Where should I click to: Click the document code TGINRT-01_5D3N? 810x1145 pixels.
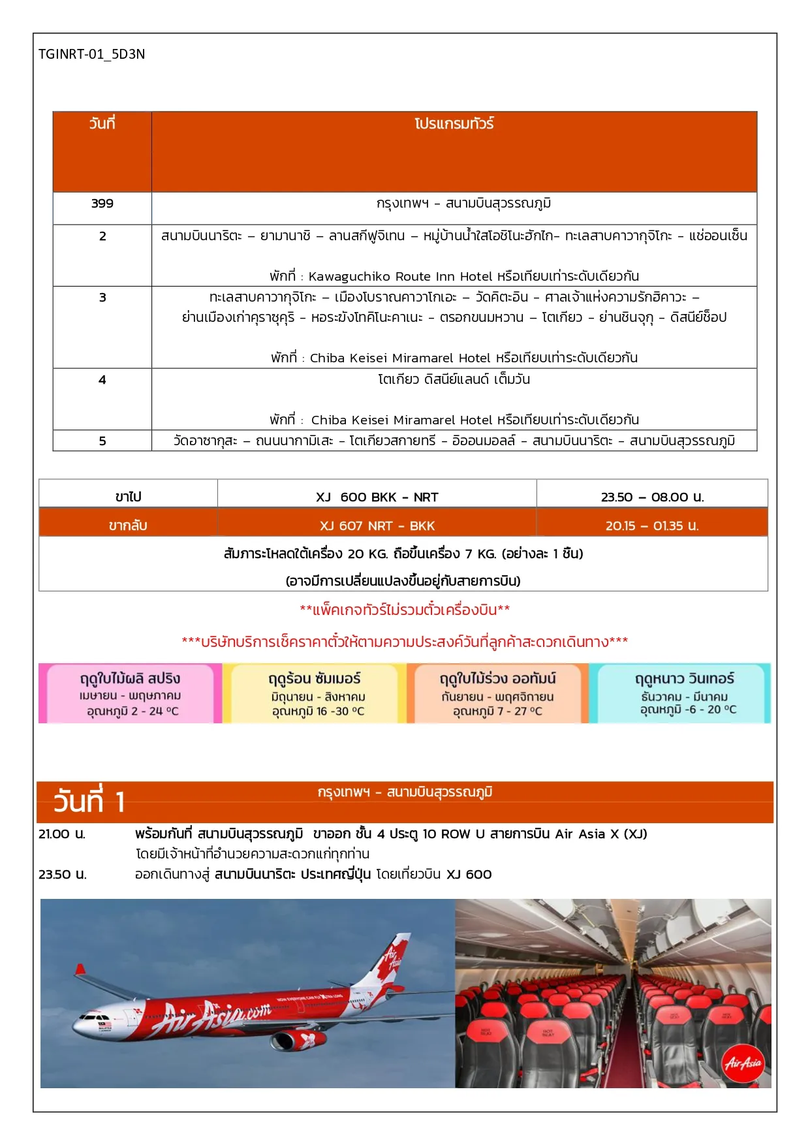[x=91, y=54]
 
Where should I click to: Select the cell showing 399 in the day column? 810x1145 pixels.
[x=102, y=204]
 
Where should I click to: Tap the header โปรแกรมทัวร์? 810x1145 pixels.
[x=454, y=124]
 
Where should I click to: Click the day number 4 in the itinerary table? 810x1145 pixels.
[x=102, y=380]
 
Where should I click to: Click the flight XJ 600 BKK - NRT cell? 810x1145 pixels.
[x=377, y=497]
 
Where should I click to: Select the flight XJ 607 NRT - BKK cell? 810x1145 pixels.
[x=377, y=526]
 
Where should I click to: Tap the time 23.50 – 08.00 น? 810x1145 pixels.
[x=652, y=497]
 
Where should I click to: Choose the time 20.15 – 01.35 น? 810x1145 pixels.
[x=652, y=526]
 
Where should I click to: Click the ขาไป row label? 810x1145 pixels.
[x=128, y=497]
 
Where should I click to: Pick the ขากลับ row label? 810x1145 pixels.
[x=128, y=526]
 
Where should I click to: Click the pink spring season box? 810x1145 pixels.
[x=130, y=693]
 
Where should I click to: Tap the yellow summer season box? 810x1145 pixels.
[x=315, y=693]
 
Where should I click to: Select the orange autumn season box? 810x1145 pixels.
[x=497, y=693]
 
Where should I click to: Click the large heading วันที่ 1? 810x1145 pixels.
[x=89, y=802]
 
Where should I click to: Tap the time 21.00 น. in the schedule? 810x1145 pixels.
[x=62, y=834]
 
